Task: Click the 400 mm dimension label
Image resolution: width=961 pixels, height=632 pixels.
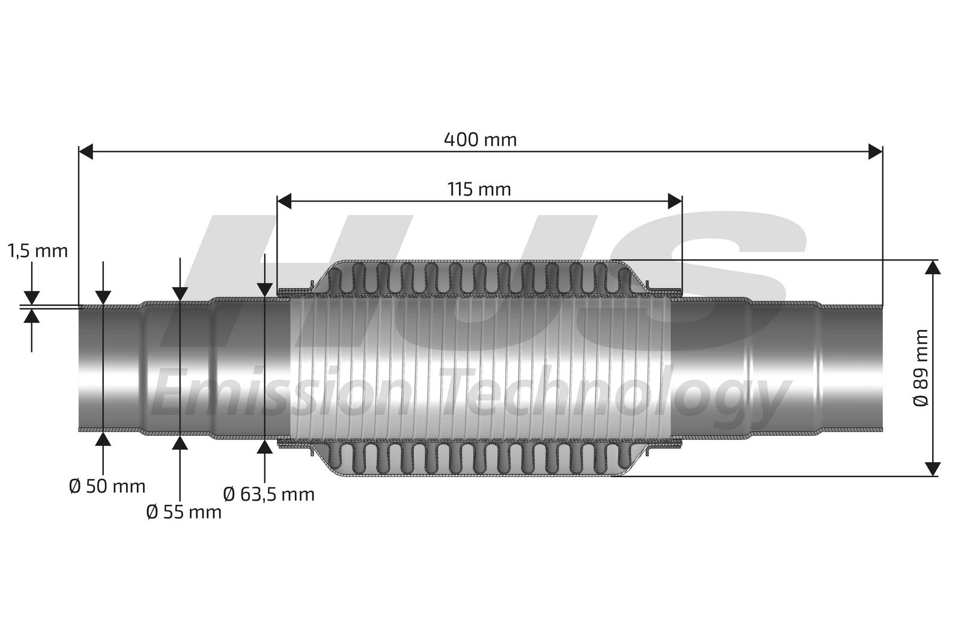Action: (480, 140)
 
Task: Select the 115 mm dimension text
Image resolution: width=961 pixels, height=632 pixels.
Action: (479, 189)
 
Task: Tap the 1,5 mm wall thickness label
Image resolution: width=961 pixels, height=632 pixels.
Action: (38, 251)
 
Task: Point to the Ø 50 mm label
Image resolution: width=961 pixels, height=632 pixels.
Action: (108, 486)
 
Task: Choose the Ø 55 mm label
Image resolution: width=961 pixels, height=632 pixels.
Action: (184, 512)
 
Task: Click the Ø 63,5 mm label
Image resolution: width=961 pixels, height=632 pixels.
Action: (269, 495)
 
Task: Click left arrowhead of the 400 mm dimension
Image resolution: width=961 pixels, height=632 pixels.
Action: (86, 151)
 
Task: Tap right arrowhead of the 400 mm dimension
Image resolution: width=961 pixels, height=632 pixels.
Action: (876, 151)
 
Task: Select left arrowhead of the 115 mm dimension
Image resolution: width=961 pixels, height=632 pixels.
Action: (285, 201)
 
